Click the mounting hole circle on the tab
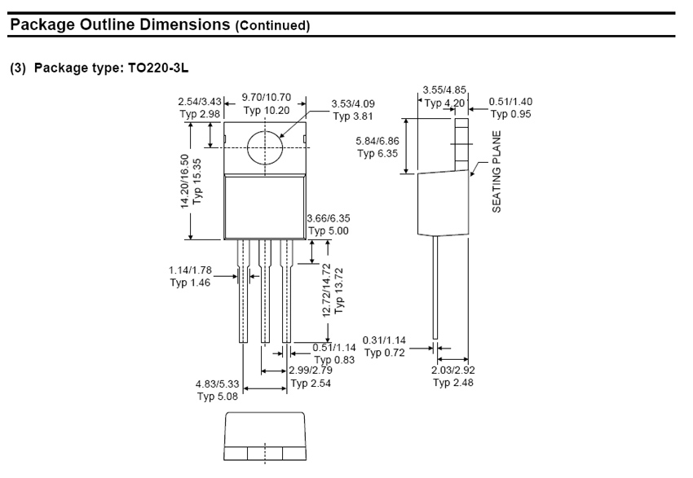(265, 147)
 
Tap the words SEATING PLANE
(497, 171)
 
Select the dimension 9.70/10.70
(266, 97)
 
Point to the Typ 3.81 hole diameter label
(353, 116)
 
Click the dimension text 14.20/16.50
(185, 181)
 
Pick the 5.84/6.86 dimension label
(377, 141)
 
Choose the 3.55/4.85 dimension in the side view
(444, 90)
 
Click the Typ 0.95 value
(510, 114)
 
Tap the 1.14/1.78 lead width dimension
(190, 270)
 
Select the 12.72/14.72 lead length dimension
(327, 290)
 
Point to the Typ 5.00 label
(329, 230)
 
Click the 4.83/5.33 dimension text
(217, 384)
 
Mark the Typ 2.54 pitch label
(311, 383)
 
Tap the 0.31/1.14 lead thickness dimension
(384, 340)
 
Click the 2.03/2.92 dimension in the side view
(453, 370)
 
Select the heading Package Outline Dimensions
(120, 24)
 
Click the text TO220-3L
(158, 68)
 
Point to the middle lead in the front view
(265, 291)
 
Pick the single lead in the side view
(435, 287)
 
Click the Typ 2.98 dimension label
(200, 114)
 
